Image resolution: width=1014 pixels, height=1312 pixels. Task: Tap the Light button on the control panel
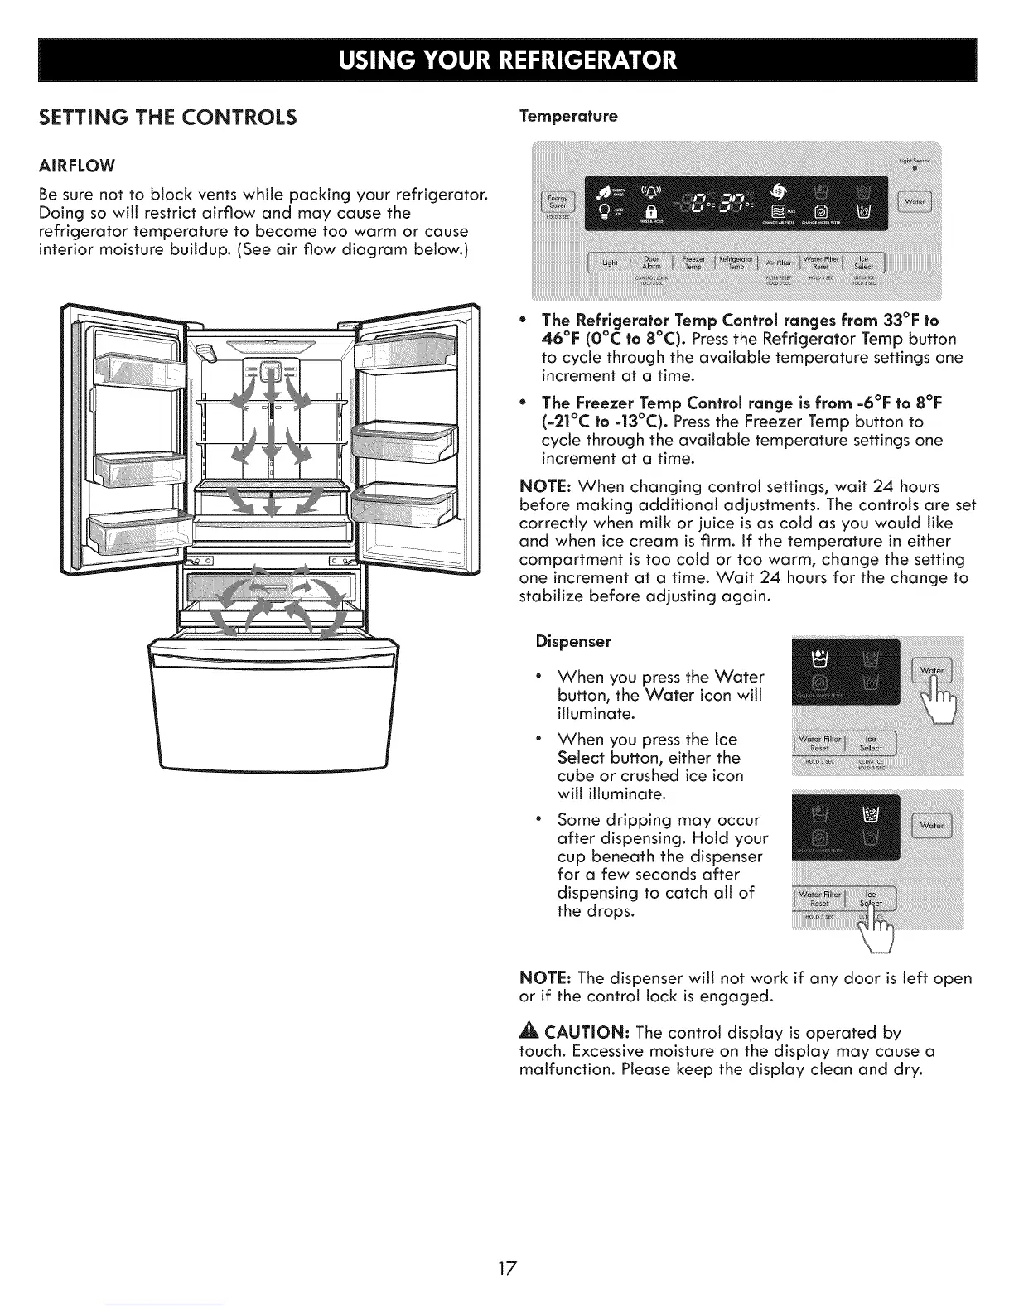coord(611,263)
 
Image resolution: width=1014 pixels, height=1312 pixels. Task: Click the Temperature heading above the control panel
coord(568,117)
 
